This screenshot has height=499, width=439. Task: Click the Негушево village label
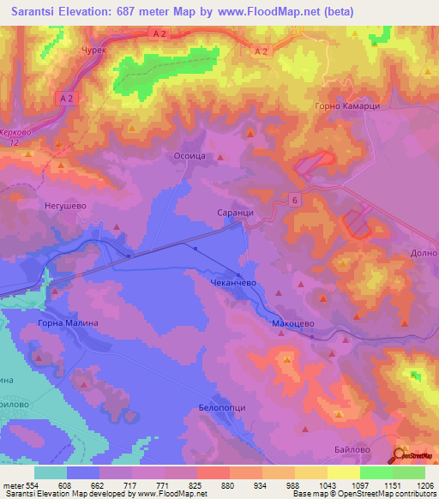66,207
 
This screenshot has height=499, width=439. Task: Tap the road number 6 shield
295,200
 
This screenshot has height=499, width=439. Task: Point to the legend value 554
34,486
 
